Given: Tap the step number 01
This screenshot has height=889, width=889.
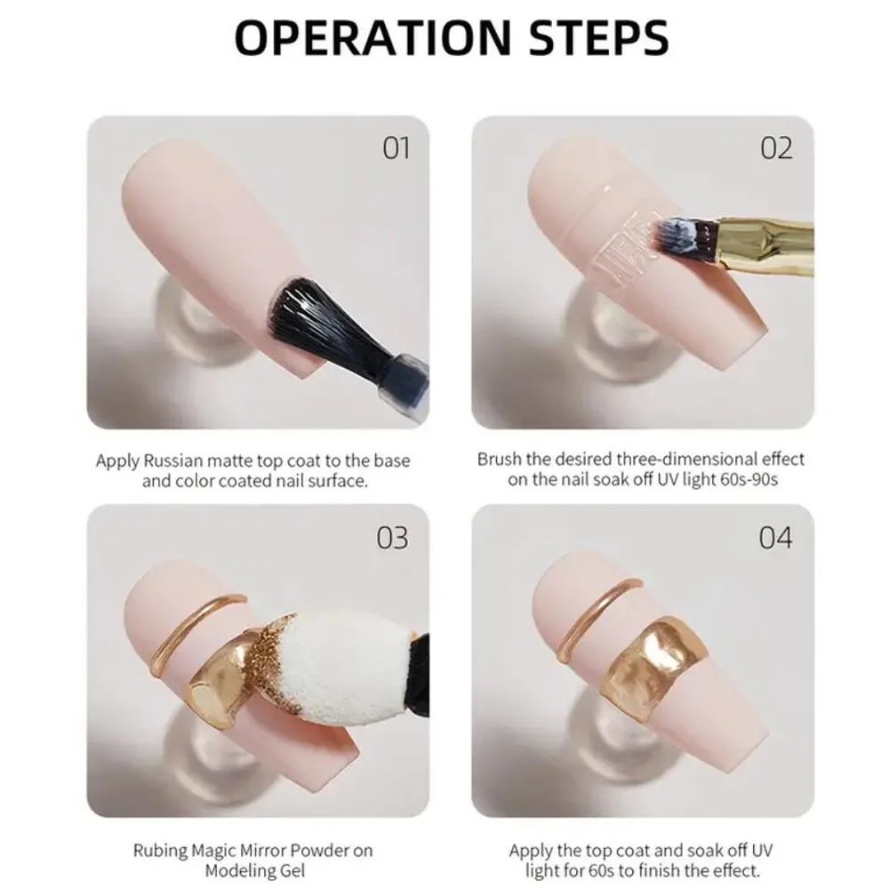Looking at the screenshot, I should point(396,148).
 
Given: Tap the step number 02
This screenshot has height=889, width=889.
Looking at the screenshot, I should point(776,148).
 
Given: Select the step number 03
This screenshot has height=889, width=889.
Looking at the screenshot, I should point(392,538).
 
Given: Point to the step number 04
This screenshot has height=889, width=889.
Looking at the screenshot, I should point(775,538).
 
